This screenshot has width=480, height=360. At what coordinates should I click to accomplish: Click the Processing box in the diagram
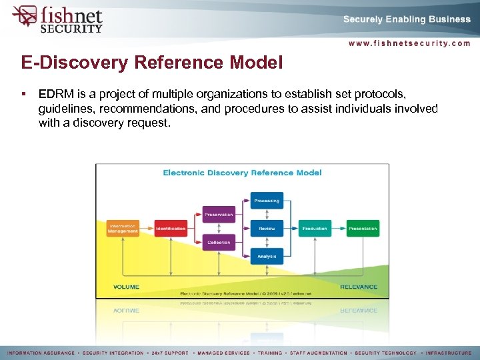[x=267, y=201]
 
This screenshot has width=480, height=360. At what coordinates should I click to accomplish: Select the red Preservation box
[x=219, y=215]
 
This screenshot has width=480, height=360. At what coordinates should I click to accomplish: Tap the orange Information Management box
[x=123, y=228]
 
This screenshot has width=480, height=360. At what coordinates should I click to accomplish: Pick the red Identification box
[x=171, y=229]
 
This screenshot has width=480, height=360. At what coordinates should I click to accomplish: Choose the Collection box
[x=219, y=243]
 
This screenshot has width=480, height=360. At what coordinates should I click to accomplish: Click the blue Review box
[x=267, y=229]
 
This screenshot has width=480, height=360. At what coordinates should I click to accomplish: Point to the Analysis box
[x=267, y=256]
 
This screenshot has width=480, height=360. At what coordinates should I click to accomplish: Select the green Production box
[x=315, y=229]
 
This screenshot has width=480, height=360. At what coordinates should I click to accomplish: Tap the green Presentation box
[x=363, y=229]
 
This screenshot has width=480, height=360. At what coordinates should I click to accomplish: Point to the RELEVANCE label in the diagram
[x=359, y=287]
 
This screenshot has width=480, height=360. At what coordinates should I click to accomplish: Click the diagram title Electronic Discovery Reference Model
[x=243, y=173]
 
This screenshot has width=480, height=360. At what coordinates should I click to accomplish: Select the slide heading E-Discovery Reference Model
[x=152, y=63]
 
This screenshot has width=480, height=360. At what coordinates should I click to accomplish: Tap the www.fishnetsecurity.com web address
[x=409, y=43]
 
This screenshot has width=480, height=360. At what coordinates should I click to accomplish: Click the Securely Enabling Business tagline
[x=407, y=19]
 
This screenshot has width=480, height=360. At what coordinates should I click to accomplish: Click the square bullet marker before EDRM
[x=23, y=94]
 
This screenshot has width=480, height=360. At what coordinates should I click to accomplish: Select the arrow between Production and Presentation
[x=339, y=229]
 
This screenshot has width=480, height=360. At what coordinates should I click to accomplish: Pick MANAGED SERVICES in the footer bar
[x=217, y=353]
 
